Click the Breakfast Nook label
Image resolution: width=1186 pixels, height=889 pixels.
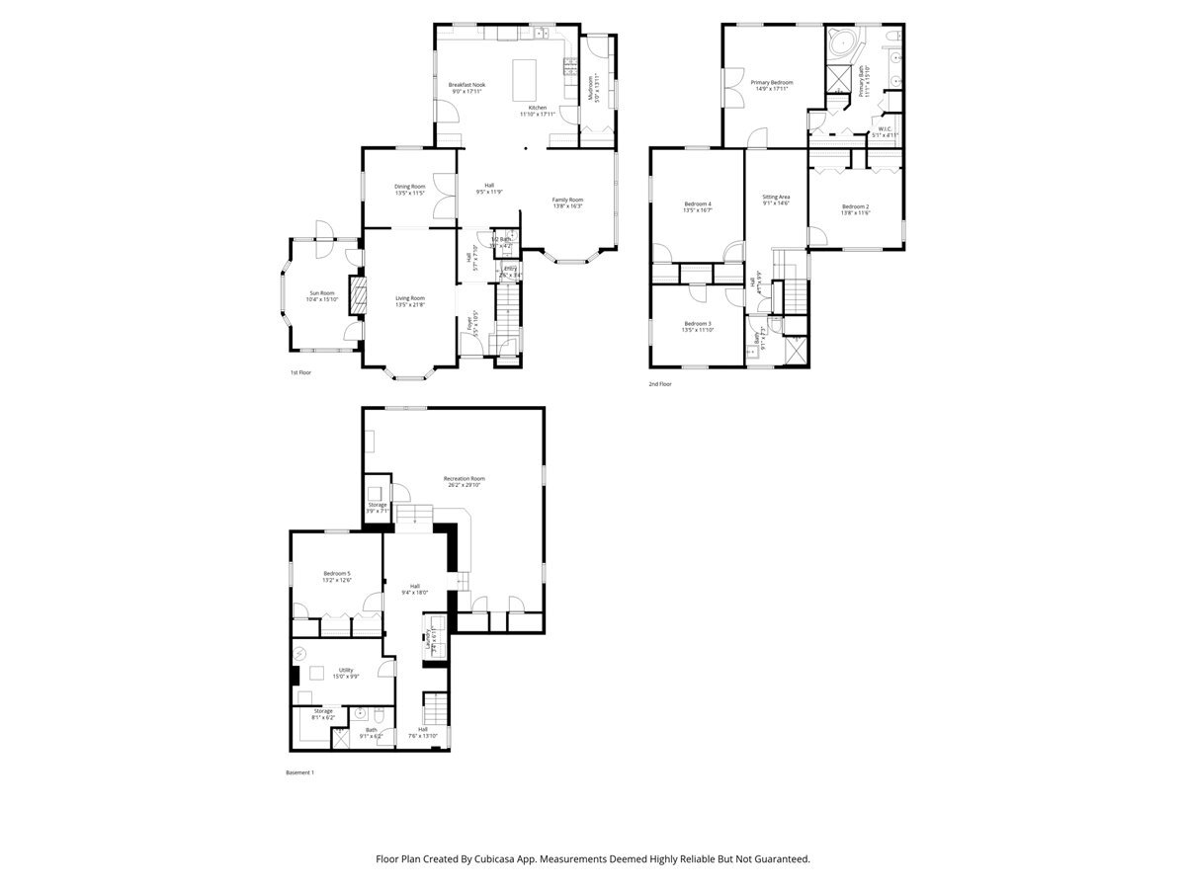(x=466, y=85)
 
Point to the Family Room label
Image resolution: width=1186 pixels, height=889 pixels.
(x=567, y=201)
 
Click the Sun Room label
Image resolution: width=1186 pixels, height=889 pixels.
(x=322, y=293)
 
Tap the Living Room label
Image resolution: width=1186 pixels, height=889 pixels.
(x=410, y=298)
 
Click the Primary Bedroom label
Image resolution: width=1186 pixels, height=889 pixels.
(x=771, y=83)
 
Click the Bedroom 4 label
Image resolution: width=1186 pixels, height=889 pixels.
(x=698, y=204)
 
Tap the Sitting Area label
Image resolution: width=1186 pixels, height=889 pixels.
(x=776, y=198)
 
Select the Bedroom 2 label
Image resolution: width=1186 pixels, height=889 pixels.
(x=855, y=206)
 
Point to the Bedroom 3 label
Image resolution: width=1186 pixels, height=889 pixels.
(x=697, y=324)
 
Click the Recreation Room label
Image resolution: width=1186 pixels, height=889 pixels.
(x=464, y=479)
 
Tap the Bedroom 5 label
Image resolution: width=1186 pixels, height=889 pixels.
(x=336, y=574)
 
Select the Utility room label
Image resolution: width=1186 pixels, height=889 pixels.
(x=346, y=670)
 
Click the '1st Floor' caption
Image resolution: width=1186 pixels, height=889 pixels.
(x=300, y=373)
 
